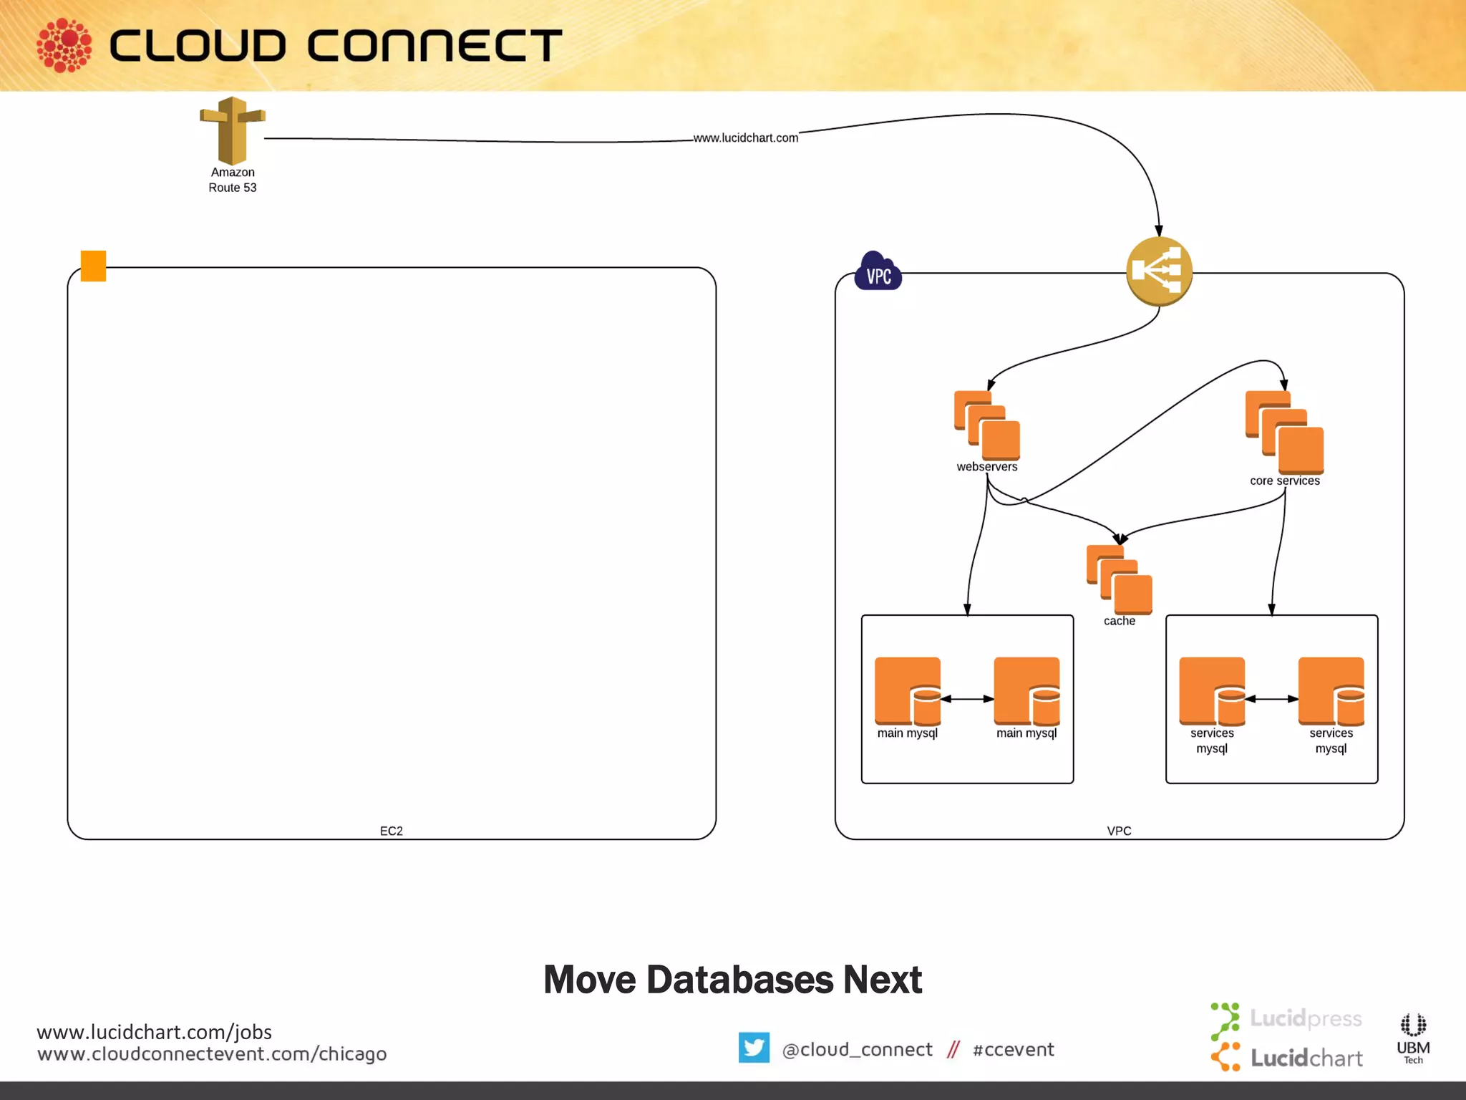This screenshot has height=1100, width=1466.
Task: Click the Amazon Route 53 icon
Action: point(232,131)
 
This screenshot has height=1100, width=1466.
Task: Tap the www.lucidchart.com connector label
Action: point(745,137)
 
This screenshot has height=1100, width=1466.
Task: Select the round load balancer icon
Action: point(1159,271)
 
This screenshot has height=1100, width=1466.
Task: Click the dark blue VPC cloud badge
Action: point(878,272)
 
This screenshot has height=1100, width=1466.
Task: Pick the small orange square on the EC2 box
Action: point(93,266)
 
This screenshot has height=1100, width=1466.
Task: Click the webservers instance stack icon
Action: point(987,425)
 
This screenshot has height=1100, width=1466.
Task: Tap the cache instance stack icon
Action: point(1119,579)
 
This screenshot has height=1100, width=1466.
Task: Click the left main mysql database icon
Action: point(908,691)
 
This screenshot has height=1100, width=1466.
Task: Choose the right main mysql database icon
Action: point(1026,691)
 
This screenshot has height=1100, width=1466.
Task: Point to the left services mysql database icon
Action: point(1212,691)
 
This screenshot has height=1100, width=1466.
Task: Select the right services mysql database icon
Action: point(1331,691)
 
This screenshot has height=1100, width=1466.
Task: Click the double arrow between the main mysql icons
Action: point(967,699)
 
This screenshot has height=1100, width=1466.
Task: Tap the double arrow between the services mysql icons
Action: point(1271,699)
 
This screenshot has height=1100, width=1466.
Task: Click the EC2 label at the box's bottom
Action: point(391,831)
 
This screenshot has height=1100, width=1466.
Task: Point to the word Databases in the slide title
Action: point(739,980)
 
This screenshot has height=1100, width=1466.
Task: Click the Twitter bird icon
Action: point(754,1048)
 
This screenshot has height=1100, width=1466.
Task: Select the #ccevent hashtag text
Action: point(1013,1050)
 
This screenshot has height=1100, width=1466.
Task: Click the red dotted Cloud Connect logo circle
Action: point(64,45)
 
